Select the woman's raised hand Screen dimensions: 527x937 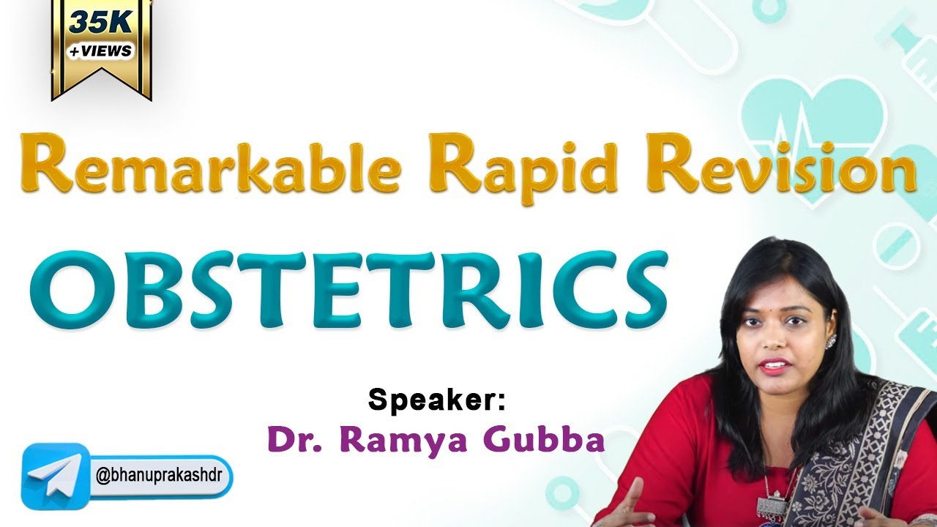pyautogui.click(x=626, y=505)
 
